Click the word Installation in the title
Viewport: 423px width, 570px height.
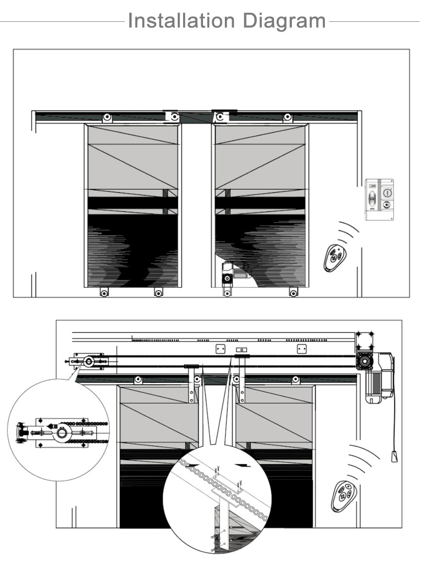coord(181,20)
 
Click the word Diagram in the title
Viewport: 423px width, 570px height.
coord(284,21)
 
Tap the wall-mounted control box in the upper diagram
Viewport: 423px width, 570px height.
coord(379,199)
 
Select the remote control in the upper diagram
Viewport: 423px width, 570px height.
coord(335,258)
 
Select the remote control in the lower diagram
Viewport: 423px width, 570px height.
coord(344,496)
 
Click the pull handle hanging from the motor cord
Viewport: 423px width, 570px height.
coord(394,456)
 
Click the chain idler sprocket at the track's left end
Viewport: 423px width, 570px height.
coord(89,361)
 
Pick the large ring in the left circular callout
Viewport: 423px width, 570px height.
coord(64,433)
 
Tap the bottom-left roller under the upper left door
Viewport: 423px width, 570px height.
coord(104,293)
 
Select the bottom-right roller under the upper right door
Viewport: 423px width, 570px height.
coord(293,292)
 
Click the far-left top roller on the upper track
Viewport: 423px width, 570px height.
coord(107,117)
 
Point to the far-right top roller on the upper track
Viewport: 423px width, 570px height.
coord(288,117)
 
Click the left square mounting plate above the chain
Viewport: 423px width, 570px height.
coord(220,349)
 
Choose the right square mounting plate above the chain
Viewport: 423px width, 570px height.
coord(302,349)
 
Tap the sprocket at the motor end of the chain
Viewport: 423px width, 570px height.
coord(364,361)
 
